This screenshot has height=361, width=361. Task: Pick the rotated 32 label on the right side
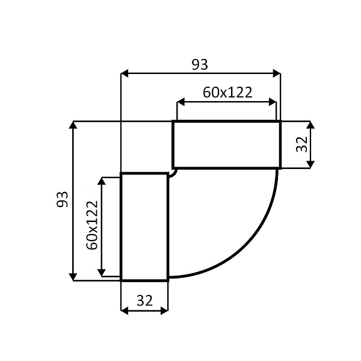point(302,144)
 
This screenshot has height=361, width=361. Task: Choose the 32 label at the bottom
point(144,301)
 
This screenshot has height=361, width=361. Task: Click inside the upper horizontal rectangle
point(226,144)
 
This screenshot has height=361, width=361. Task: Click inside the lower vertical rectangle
point(144,226)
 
